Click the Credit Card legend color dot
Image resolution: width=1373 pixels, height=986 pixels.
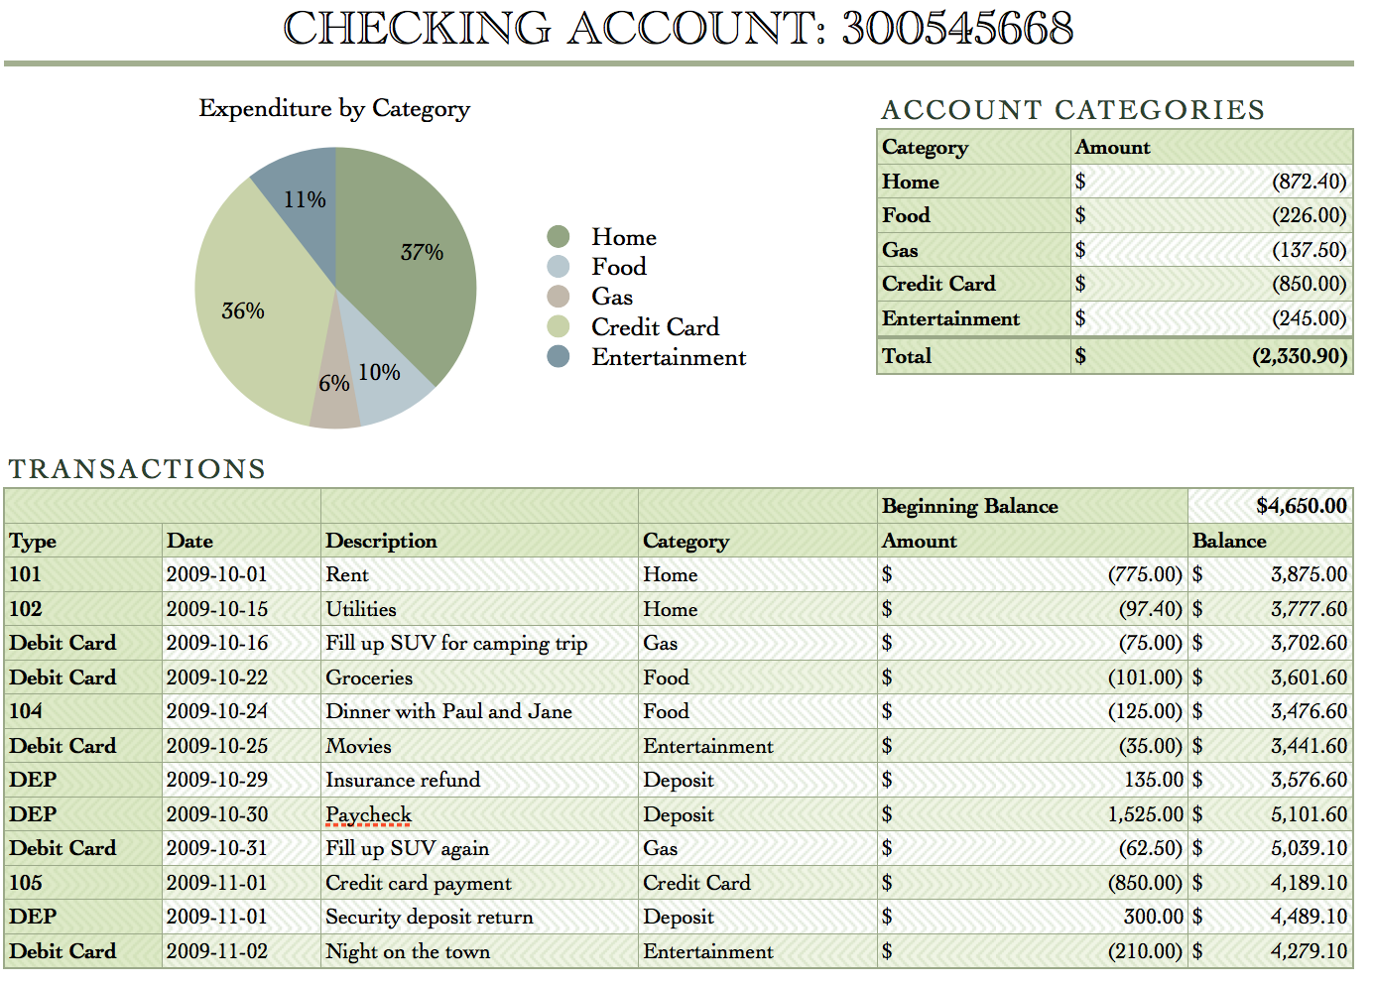click(559, 326)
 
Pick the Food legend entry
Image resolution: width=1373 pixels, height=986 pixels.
click(618, 267)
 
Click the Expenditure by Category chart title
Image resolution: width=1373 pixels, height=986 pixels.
click(334, 108)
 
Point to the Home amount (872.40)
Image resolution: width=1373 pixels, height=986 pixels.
click(1309, 182)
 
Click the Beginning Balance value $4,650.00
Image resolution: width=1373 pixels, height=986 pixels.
click(1301, 506)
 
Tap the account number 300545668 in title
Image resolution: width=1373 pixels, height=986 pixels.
click(957, 28)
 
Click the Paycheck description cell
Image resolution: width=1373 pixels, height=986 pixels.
click(368, 814)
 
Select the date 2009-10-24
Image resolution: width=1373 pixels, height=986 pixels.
click(217, 711)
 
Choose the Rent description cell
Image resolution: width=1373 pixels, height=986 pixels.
click(347, 574)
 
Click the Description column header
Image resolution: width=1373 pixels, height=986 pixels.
click(381, 541)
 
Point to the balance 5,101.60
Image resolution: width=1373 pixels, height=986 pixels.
click(1309, 814)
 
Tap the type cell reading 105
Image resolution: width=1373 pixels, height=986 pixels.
click(26, 883)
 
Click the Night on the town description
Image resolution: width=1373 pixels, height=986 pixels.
click(408, 951)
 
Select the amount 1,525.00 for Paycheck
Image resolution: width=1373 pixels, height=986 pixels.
click(1145, 814)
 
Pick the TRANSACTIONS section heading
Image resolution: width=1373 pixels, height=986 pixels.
click(137, 468)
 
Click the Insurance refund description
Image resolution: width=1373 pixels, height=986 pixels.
click(403, 780)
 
